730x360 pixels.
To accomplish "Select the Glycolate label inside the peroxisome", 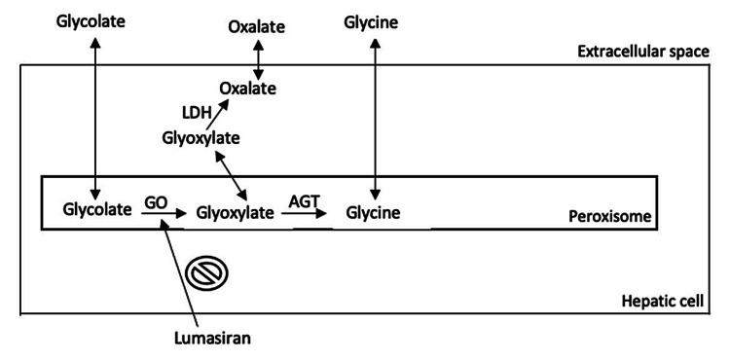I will pos(96,210).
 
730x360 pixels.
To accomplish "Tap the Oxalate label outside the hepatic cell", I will pos(257,26).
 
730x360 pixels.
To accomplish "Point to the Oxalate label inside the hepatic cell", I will pos(248,90).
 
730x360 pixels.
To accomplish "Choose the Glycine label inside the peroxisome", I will pos(373,210).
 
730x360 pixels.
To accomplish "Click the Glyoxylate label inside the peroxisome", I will pos(235,210).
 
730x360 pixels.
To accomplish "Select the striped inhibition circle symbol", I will pos(206,274).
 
